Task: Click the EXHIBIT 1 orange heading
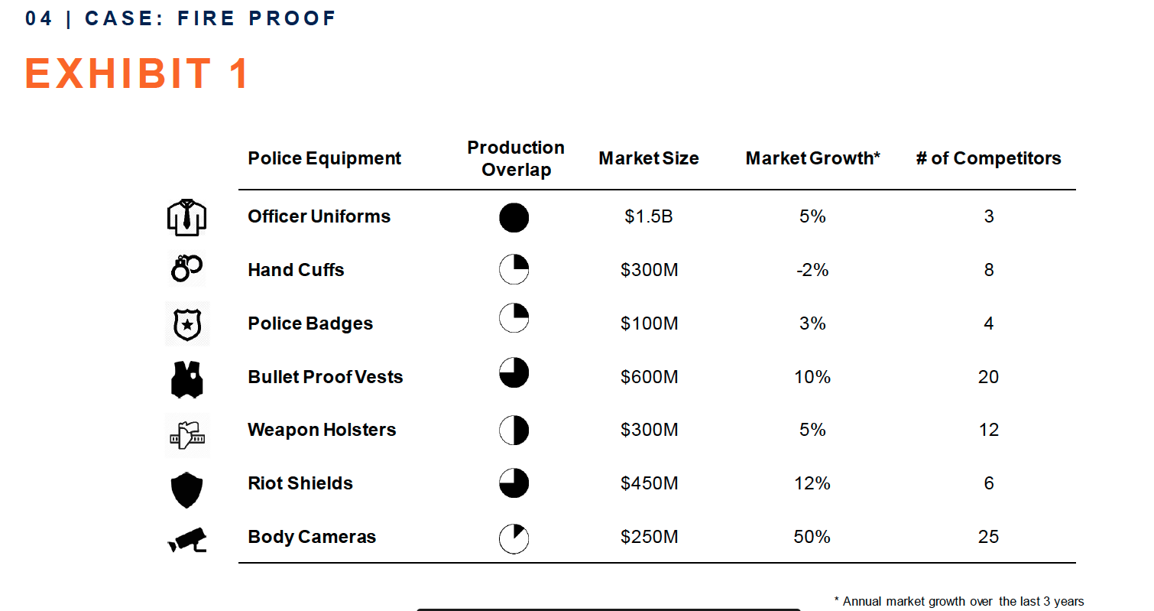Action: click(138, 74)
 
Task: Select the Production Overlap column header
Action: click(516, 158)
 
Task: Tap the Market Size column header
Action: click(648, 158)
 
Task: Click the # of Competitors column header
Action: click(988, 158)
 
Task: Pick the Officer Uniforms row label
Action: click(319, 216)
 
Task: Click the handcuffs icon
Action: click(186, 269)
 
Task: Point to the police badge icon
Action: click(186, 324)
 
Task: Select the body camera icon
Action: click(187, 538)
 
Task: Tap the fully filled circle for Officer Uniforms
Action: click(514, 218)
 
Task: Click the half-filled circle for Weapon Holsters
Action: click(514, 431)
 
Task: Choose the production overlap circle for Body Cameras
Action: click(514, 538)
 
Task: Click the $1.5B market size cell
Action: click(648, 216)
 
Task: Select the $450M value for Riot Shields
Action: click(648, 483)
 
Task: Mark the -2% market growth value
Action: click(812, 270)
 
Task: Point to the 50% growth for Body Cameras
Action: click(812, 537)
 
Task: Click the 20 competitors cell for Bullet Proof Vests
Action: click(988, 377)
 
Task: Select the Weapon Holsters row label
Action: click(322, 430)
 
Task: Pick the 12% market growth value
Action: click(812, 483)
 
